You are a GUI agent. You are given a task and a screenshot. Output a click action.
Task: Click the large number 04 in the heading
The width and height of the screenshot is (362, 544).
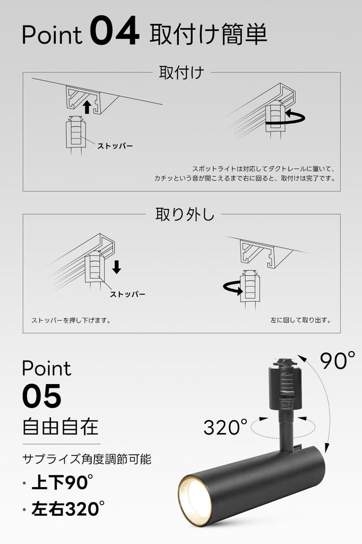(x=115, y=33)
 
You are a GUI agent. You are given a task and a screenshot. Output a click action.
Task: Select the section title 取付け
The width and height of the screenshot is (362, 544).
(x=182, y=72)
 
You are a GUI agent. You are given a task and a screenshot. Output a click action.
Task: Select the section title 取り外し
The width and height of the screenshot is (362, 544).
(x=185, y=214)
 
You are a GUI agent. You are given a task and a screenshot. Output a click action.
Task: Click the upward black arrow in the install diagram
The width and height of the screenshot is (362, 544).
(x=88, y=108)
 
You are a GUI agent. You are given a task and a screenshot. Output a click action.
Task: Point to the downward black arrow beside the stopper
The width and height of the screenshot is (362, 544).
(x=117, y=267)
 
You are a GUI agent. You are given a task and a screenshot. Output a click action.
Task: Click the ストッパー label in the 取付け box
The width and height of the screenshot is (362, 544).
(x=115, y=146)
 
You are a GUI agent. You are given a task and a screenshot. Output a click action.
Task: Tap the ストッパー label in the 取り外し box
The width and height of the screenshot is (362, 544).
(x=127, y=294)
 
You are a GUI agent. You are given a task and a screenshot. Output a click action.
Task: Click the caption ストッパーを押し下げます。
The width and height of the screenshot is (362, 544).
(x=71, y=320)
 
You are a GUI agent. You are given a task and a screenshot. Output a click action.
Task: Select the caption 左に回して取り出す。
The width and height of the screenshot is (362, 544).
(x=300, y=320)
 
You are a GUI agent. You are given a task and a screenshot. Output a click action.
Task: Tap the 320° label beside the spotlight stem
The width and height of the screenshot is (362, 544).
(x=226, y=427)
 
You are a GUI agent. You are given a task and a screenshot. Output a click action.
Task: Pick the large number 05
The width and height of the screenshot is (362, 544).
(x=42, y=396)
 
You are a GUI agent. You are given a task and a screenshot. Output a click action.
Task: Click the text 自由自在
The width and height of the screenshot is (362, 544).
(x=61, y=427)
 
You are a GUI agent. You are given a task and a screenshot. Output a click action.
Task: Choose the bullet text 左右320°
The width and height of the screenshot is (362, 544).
(x=65, y=509)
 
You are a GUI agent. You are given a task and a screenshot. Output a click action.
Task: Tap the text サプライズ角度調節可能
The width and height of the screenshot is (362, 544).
(x=87, y=458)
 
